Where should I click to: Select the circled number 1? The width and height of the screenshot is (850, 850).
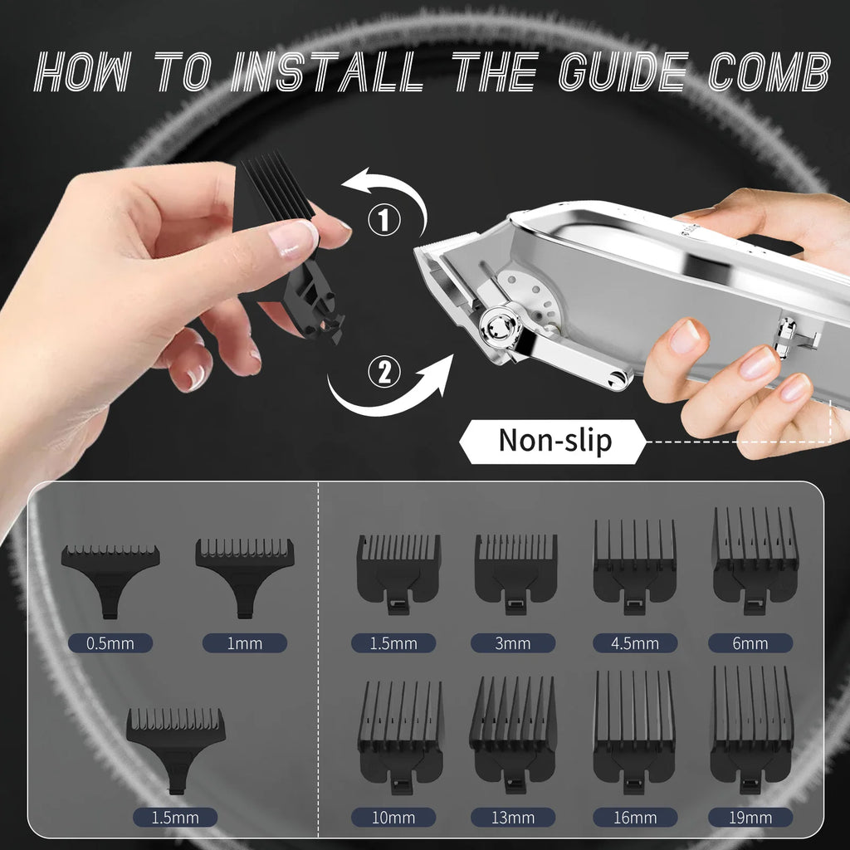(383, 220)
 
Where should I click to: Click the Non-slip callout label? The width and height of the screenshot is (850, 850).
(554, 441)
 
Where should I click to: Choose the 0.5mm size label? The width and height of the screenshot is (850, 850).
(110, 642)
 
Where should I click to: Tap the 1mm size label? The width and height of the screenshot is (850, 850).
(244, 642)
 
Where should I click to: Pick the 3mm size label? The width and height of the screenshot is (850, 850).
(512, 642)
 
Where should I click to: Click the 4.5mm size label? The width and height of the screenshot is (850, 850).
(635, 642)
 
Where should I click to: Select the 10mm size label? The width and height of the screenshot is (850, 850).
(393, 817)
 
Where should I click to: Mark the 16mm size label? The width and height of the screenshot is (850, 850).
(635, 817)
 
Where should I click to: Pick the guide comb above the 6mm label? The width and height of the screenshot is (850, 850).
(755, 556)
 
